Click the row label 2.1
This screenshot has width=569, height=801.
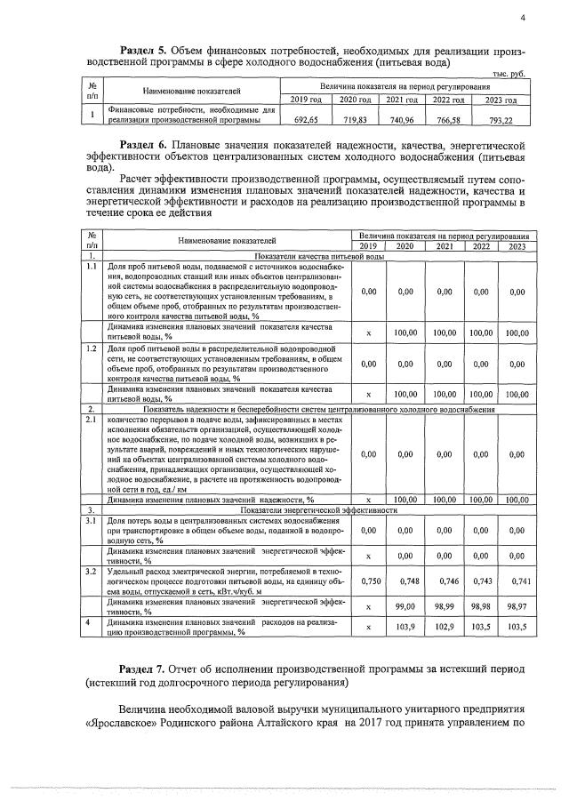(x=91, y=417)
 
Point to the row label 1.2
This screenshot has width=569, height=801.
(x=91, y=349)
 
